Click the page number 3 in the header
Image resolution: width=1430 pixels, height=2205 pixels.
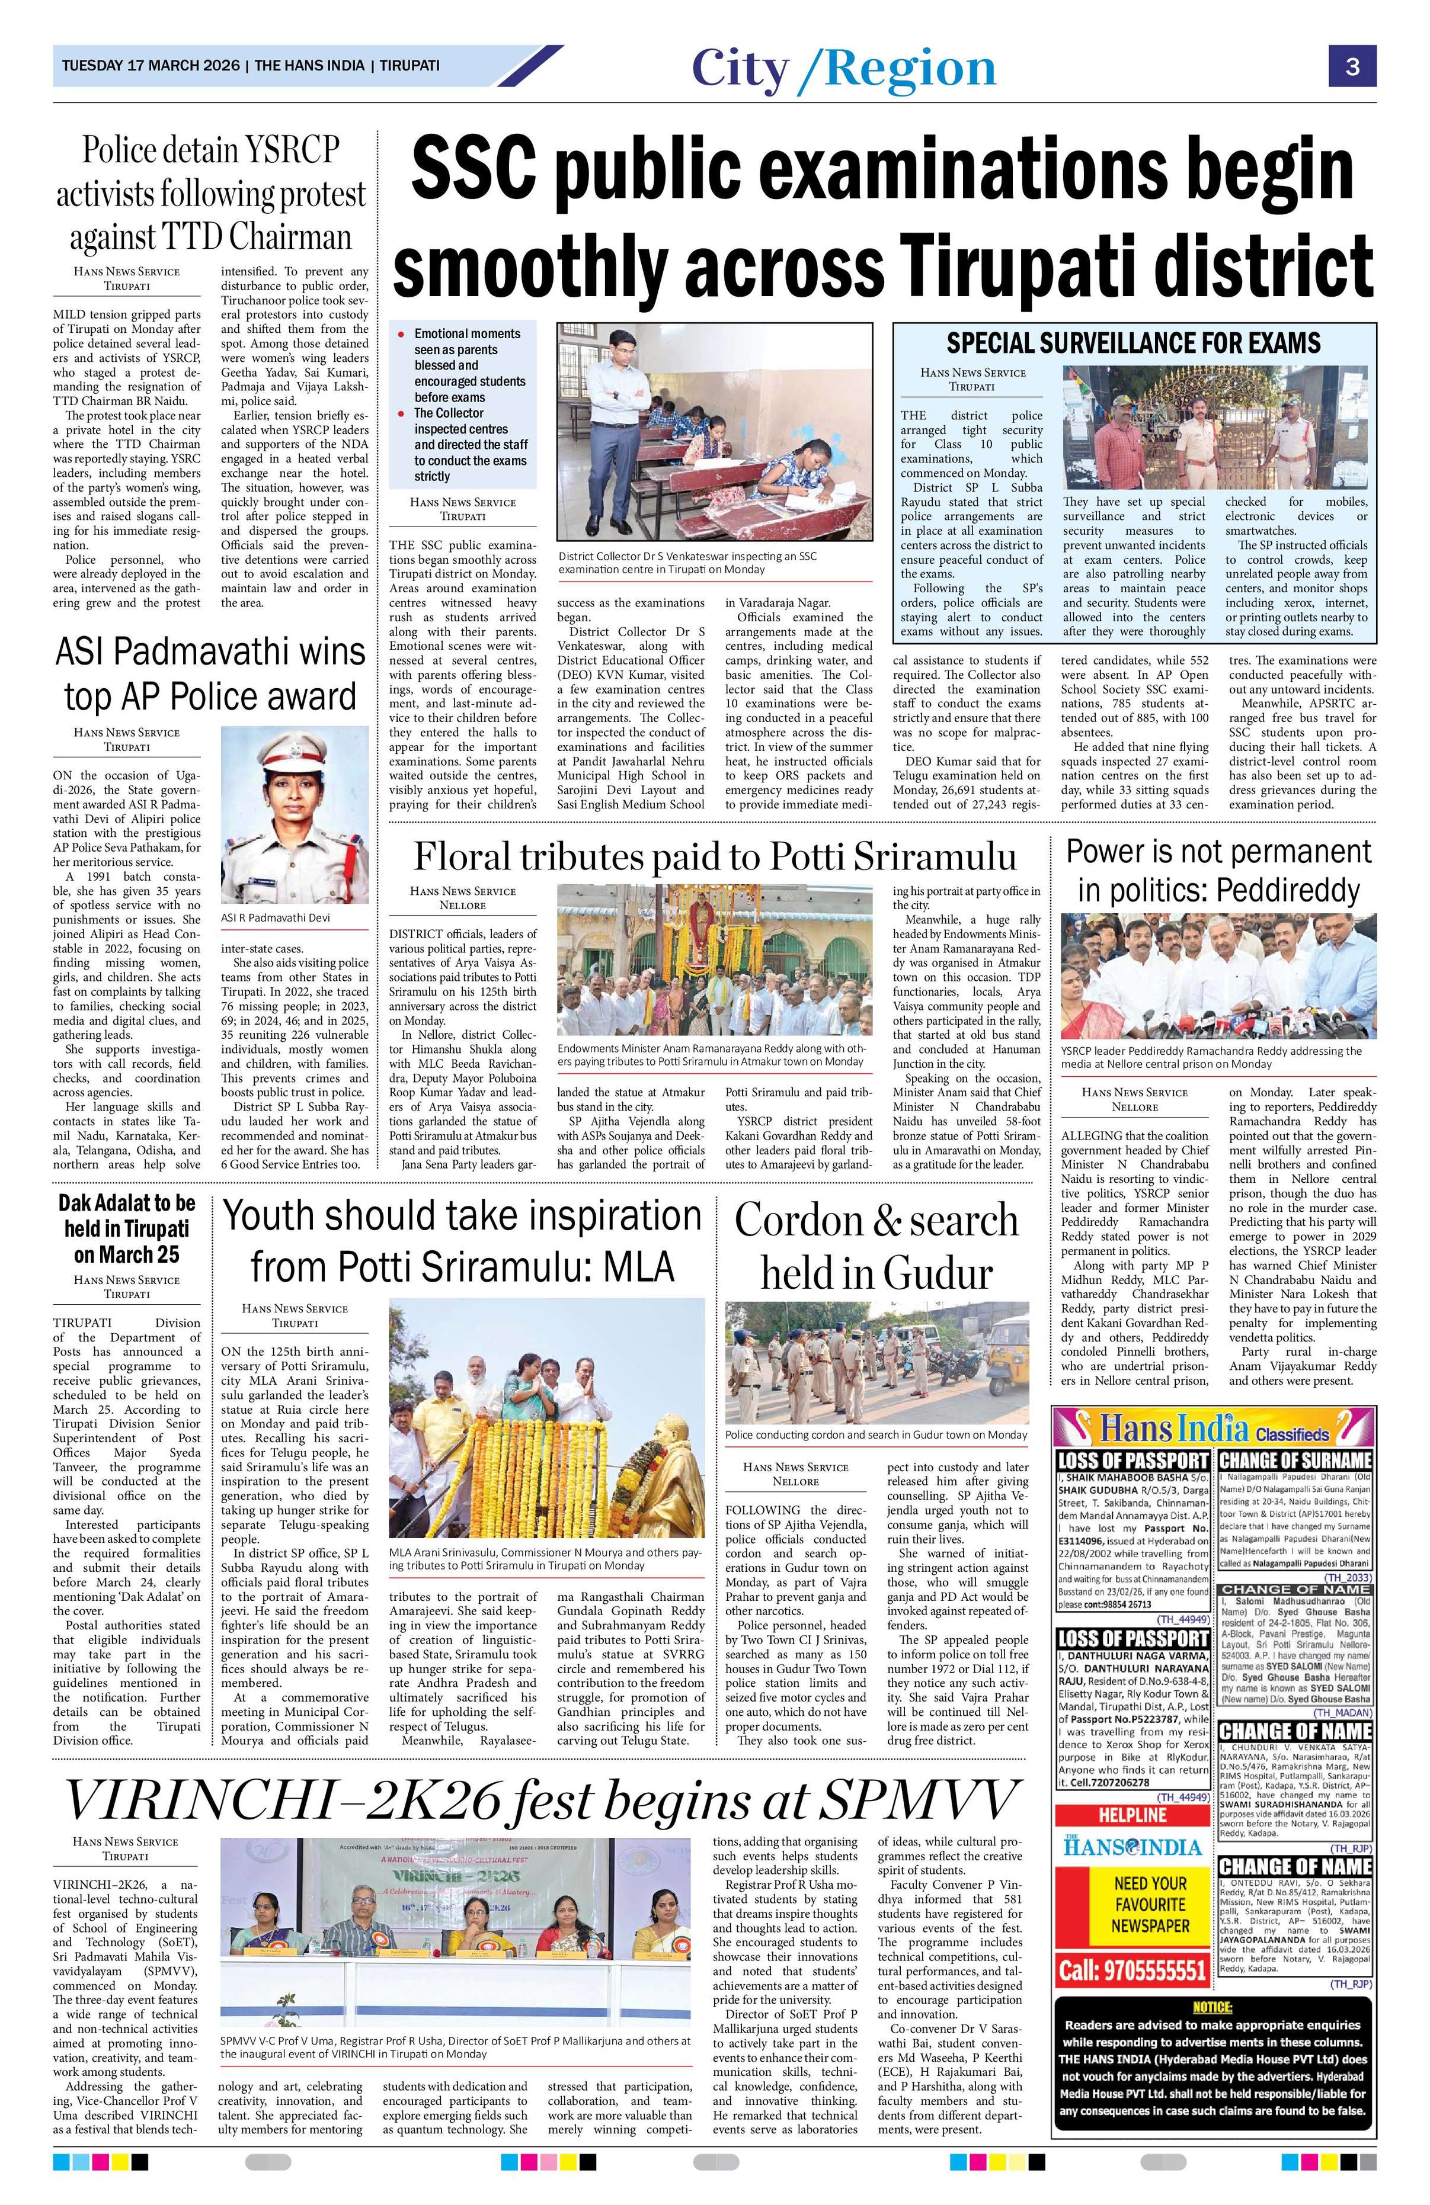[x=1352, y=67]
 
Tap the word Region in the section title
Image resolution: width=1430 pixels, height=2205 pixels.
[x=910, y=69]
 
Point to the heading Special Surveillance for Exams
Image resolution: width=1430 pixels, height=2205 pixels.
[x=1133, y=344]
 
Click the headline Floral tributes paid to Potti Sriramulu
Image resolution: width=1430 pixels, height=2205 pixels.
[x=715, y=856]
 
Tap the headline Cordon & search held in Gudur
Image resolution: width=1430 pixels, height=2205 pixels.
[x=876, y=1246]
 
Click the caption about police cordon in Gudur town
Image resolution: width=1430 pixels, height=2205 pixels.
[x=876, y=1435]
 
